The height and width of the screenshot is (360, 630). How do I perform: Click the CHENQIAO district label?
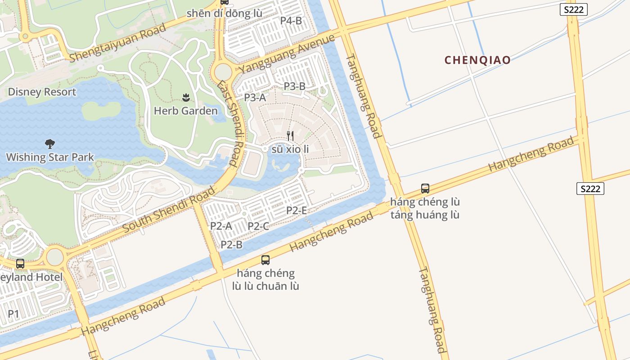tap(477, 60)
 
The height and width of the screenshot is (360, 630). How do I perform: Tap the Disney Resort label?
tap(42, 92)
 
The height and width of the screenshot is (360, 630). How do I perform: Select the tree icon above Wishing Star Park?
tap(50, 144)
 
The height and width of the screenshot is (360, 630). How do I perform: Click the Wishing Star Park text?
tap(50, 157)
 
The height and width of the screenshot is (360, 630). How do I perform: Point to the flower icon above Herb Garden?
tap(185, 97)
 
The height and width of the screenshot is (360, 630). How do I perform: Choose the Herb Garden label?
tap(185, 111)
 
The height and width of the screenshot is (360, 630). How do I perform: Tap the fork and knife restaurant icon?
tap(290, 135)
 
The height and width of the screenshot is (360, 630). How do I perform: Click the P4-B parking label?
tap(291, 20)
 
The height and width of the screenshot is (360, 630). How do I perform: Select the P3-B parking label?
tap(294, 86)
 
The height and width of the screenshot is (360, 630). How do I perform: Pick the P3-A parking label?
tap(255, 97)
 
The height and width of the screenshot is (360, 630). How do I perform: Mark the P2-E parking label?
tap(297, 210)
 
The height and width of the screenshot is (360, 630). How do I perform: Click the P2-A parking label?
tap(221, 226)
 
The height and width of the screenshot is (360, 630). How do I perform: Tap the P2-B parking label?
tap(231, 245)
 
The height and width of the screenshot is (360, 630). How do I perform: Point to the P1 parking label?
tap(13, 314)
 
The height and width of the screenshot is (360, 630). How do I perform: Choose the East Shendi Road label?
tap(230, 124)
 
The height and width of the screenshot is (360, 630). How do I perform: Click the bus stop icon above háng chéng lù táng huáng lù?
tap(425, 189)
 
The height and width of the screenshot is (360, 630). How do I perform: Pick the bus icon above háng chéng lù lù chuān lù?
tap(265, 260)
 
